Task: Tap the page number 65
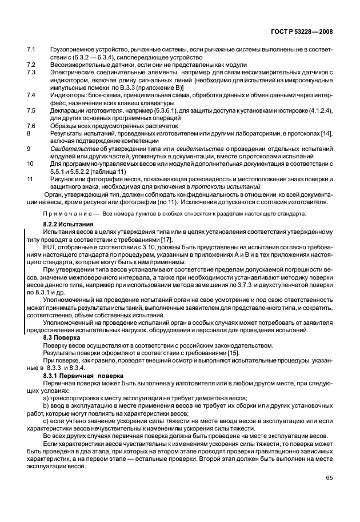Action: tap(330, 477)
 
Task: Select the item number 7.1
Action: tap(32, 50)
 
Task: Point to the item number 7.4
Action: tap(32, 95)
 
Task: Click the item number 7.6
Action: tap(32, 125)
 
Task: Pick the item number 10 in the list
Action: tap(31, 163)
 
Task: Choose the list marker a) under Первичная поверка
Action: tap(46, 397)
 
